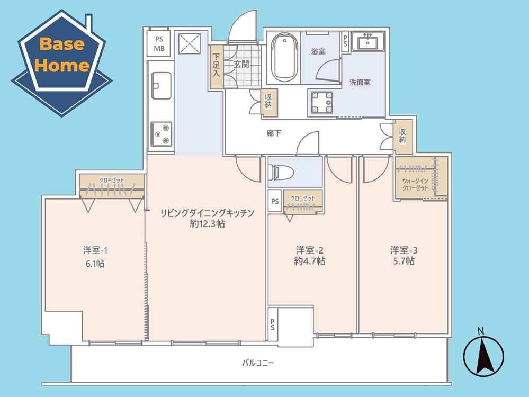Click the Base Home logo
pos(62,63)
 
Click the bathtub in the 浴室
pos(284,57)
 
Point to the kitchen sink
pos(161,86)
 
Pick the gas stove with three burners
pos(162,134)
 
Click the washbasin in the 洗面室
pos(367,41)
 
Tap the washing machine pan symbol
pos(322,102)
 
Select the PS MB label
pos(159,44)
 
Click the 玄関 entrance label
pos(241,64)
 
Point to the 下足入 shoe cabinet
pos(216,67)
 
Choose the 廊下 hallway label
pos(274,133)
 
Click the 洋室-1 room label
pos(95,250)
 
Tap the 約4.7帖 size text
pos(309,261)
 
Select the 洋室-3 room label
pos(404,250)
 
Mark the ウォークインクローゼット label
pos(415,185)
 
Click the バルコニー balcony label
pos(258,363)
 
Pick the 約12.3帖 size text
pos(207,224)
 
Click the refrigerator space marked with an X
pos(189,43)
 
